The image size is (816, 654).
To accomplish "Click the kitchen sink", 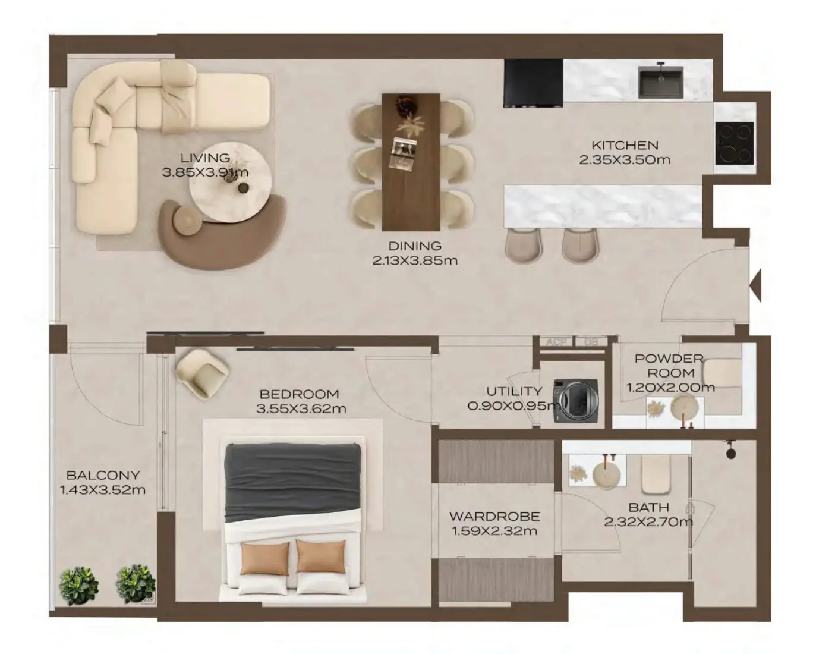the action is coord(660,82).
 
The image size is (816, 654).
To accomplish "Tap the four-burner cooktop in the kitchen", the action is coord(734,143).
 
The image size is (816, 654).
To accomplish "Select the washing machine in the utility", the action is coord(576,401).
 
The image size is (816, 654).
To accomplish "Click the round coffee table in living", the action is coord(230,182).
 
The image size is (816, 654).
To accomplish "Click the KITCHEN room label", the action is coord(625,145).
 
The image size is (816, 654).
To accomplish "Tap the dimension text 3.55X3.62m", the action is coord(301,409).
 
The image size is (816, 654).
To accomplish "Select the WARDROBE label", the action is coord(494,516).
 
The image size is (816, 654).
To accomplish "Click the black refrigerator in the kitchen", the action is coord(533,83).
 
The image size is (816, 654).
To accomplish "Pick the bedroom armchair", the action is coord(202,373).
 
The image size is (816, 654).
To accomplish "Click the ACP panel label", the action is coord(556,342).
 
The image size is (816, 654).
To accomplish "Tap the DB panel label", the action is coord(591,342).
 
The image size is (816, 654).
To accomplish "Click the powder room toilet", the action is coord(722,373).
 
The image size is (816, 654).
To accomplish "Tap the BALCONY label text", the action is coord(103,475).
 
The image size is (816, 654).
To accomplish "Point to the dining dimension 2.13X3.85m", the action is coord(415,260).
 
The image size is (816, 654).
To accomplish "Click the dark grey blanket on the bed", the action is coord(292,483).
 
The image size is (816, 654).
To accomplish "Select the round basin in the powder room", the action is coord(684,407).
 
